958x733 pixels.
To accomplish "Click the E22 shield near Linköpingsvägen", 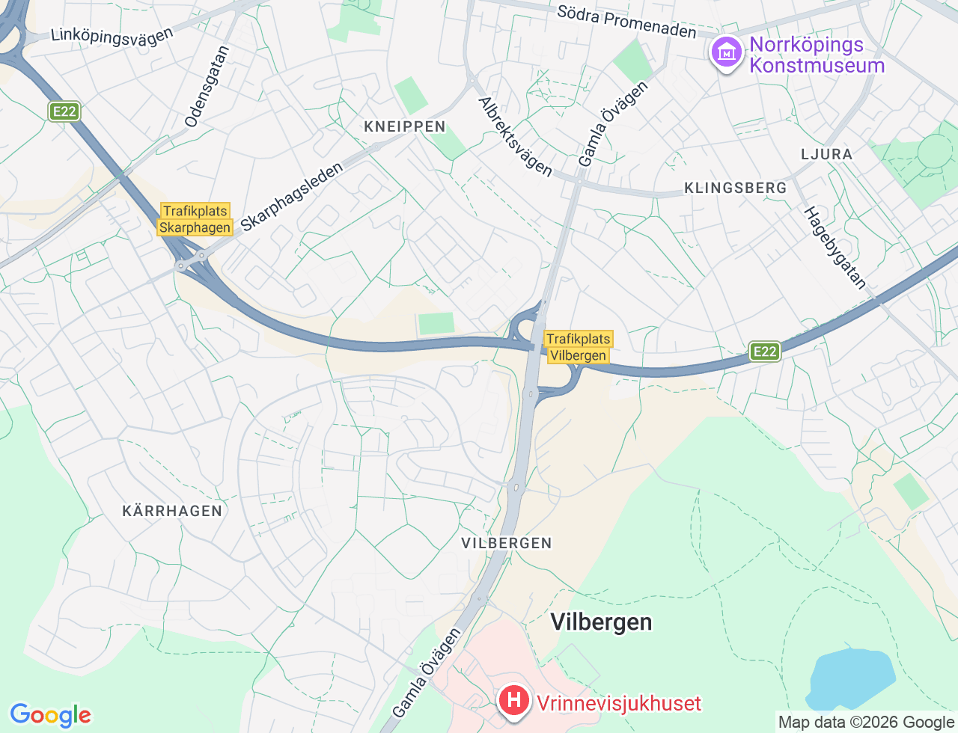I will pos(64,111).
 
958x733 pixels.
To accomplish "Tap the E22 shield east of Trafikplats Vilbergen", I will pos(764,352).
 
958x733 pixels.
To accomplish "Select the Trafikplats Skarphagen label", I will pos(195,219).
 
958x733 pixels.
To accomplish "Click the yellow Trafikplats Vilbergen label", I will pos(578,347).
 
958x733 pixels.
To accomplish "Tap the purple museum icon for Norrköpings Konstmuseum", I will pos(726,53).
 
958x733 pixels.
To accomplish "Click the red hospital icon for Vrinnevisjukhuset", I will pos(513,702).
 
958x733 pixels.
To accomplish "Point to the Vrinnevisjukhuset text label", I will pos(619,703).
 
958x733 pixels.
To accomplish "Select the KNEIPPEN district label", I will pos(405,126).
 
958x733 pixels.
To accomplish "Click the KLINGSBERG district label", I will pos(735,188).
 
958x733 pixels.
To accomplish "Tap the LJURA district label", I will pos(826,154).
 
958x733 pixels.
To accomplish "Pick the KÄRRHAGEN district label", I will pos(172,511).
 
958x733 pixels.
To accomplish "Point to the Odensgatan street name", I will pos(207,87).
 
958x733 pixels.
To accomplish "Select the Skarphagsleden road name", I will pos(292,196).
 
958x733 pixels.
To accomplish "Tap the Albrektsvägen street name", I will pos(515,137).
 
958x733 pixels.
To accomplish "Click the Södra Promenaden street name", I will pos(626,22).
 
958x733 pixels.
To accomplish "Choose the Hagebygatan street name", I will pos(835,248).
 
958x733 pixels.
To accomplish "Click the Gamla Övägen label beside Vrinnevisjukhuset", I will pos(427,673).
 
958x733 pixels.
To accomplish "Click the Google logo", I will pos(50,716).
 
